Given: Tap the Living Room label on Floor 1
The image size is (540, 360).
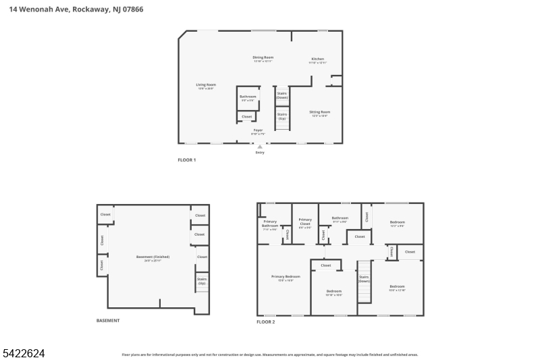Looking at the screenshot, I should click(x=206, y=86).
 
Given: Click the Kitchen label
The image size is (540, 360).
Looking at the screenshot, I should click(x=317, y=60).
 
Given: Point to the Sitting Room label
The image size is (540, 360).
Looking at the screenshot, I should click(x=319, y=113).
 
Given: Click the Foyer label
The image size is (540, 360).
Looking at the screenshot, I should click(x=258, y=131).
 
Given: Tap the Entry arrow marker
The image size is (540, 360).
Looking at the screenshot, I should click(x=260, y=147).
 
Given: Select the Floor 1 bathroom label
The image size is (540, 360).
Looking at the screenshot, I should click(x=248, y=97).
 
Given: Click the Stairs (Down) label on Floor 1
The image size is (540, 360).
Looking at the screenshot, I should click(x=282, y=95).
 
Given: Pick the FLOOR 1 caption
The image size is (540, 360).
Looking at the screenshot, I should click(x=186, y=160).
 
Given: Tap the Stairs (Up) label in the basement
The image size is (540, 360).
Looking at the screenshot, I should click(x=201, y=280).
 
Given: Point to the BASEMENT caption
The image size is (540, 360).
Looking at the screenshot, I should click(x=108, y=320).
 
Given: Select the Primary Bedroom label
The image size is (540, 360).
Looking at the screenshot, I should click(x=286, y=278).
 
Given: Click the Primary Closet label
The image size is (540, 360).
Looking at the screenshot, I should click(x=305, y=221).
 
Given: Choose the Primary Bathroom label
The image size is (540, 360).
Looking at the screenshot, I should click(x=270, y=225).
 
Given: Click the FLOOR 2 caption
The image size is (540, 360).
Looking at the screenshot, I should click(x=265, y=322).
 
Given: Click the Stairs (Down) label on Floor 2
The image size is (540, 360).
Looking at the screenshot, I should click(x=364, y=278).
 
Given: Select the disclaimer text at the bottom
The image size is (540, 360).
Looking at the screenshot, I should click(x=269, y=354).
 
